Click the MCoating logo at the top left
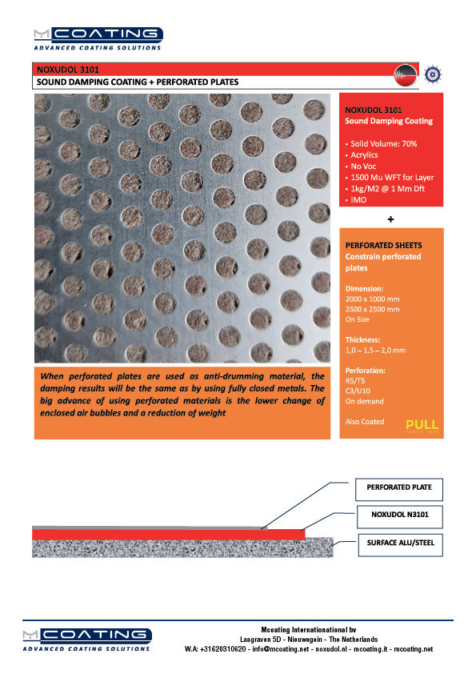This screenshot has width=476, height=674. click(97, 37)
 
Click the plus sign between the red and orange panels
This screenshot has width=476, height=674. click(391, 219)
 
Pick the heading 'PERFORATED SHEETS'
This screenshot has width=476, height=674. click(382, 245)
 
